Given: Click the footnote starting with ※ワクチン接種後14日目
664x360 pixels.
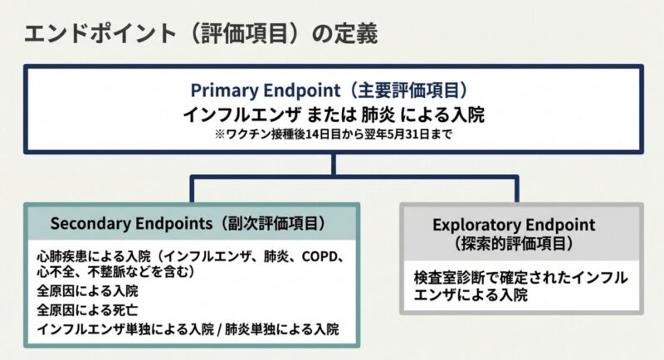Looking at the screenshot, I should click(x=332, y=134).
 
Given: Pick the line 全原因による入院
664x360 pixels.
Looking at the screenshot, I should click(x=87, y=291).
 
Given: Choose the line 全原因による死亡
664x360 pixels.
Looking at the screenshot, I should click(x=87, y=310).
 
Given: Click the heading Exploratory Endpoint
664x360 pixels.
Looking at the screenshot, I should click(x=514, y=225).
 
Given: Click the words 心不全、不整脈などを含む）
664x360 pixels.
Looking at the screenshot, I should click(x=116, y=271).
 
